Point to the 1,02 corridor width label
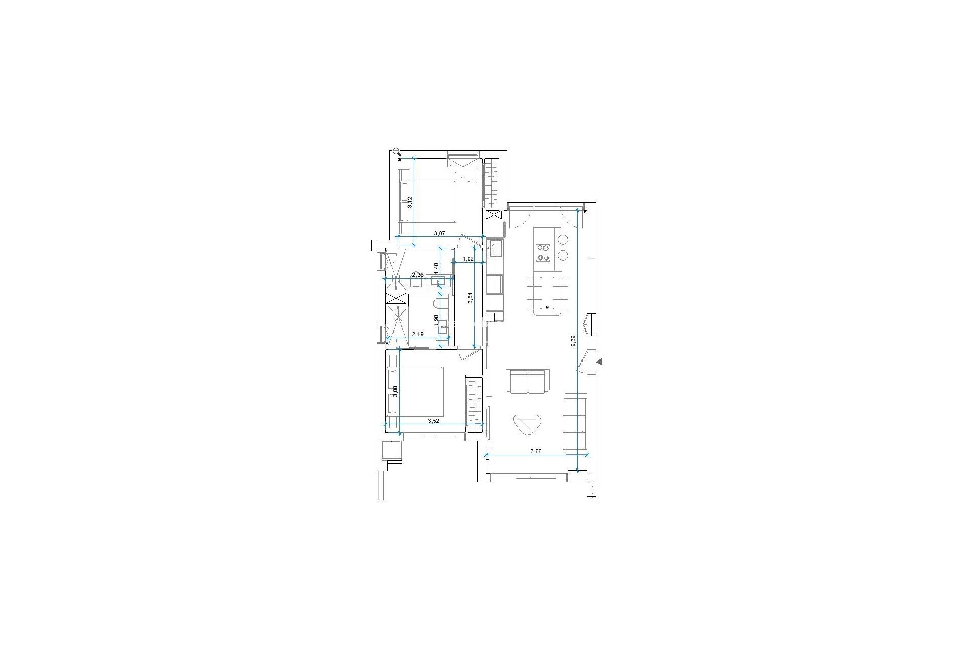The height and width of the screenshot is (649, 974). click(468, 259)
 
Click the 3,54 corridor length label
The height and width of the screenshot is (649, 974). click(471, 298)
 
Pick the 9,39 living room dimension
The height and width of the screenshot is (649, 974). click(573, 341)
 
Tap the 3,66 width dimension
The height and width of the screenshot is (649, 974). click(536, 451)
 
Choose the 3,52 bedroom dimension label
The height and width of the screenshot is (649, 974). click(433, 421)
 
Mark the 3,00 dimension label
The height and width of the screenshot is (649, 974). click(396, 392)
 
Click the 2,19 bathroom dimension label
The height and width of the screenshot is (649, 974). click(418, 335)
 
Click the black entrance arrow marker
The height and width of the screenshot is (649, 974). click(599, 362)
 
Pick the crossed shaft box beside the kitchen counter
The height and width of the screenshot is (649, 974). click(493, 215)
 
